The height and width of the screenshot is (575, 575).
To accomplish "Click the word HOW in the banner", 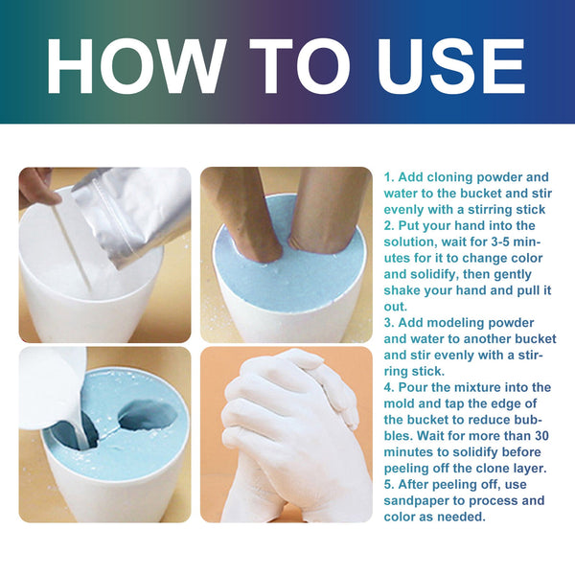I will [131, 64].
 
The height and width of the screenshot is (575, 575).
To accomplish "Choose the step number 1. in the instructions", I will [390, 177].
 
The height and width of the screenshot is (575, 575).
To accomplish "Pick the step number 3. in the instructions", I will [390, 323].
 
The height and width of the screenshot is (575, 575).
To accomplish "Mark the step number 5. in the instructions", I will [390, 485].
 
